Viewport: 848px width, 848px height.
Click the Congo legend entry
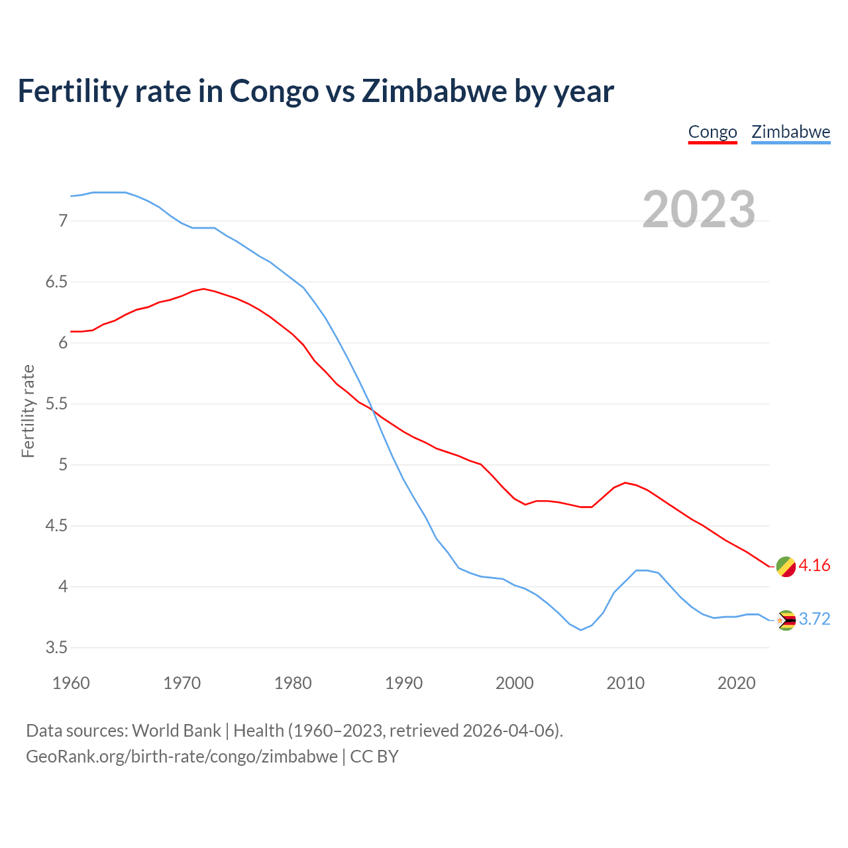pos(712,132)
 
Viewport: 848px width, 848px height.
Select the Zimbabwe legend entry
pos(790,132)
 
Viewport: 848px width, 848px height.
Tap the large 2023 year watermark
pos(698,209)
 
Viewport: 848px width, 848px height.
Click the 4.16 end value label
pos(814,565)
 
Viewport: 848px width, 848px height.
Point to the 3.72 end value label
pos(814,619)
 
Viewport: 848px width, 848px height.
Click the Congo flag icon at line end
pos(786,566)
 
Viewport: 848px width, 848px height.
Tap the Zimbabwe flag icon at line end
pos(786,620)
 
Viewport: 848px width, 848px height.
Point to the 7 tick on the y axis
pos(64,221)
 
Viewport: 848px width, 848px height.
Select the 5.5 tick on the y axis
pos(57,403)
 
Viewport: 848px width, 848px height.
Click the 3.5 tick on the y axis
pos(57,647)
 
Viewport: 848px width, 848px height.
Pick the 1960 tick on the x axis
pos(71,683)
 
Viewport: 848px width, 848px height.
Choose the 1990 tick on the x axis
pos(403,683)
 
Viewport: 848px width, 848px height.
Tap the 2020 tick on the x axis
pos(736,683)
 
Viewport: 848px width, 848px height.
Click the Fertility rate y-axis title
pos(28,411)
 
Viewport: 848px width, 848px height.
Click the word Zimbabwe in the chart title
pos(433,91)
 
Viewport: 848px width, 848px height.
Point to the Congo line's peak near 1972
pos(203,289)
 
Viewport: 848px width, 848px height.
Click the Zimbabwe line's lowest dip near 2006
pos(580,630)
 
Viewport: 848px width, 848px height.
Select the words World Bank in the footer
pos(176,731)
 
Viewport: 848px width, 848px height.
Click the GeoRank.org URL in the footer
pos(182,757)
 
